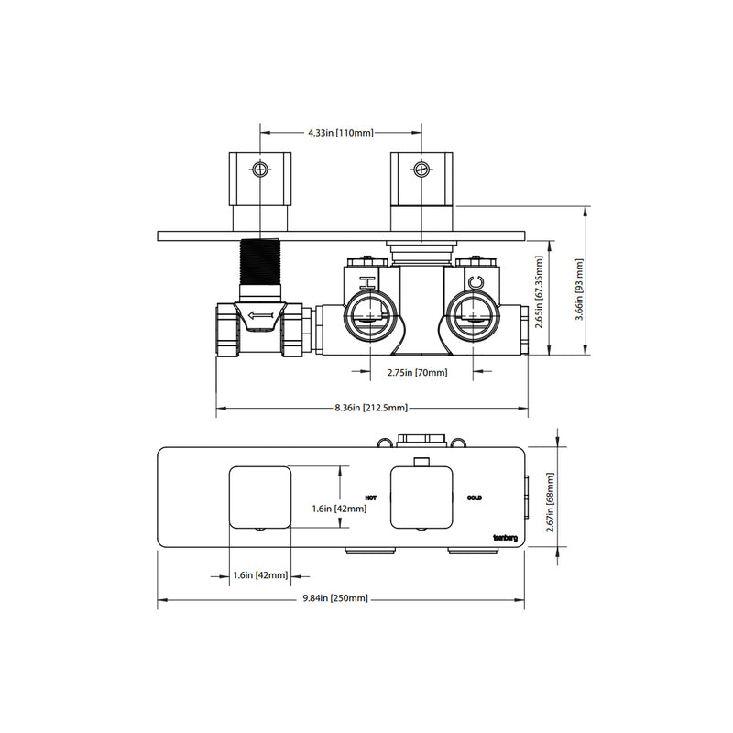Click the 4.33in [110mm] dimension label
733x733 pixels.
(x=342, y=133)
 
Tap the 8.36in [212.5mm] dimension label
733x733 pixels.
(x=371, y=409)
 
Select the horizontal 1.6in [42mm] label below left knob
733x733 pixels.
(x=260, y=575)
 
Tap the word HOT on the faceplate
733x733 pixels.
(x=370, y=498)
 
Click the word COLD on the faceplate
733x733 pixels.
(x=474, y=498)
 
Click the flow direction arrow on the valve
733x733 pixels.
(x=260, y=318)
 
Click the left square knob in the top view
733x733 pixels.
(x=259, y=498)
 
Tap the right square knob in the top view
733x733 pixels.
(x=422, y=498)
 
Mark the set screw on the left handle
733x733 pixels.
(x=262, y=170)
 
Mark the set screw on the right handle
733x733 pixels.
(x=421, y=170)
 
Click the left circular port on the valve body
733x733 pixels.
(x=368, y=316)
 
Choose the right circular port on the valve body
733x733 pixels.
(x=475, y=316)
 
